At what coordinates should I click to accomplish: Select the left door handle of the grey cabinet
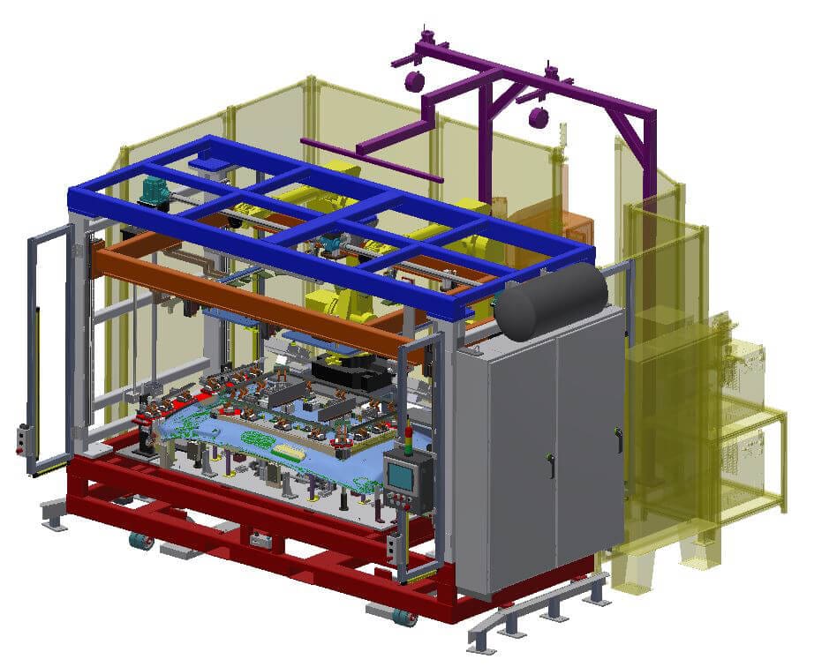point(551,465)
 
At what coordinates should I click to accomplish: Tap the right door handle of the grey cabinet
point(619,437)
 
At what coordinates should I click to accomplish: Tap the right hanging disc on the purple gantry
point(538,117)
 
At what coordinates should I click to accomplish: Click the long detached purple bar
point(371,160)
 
